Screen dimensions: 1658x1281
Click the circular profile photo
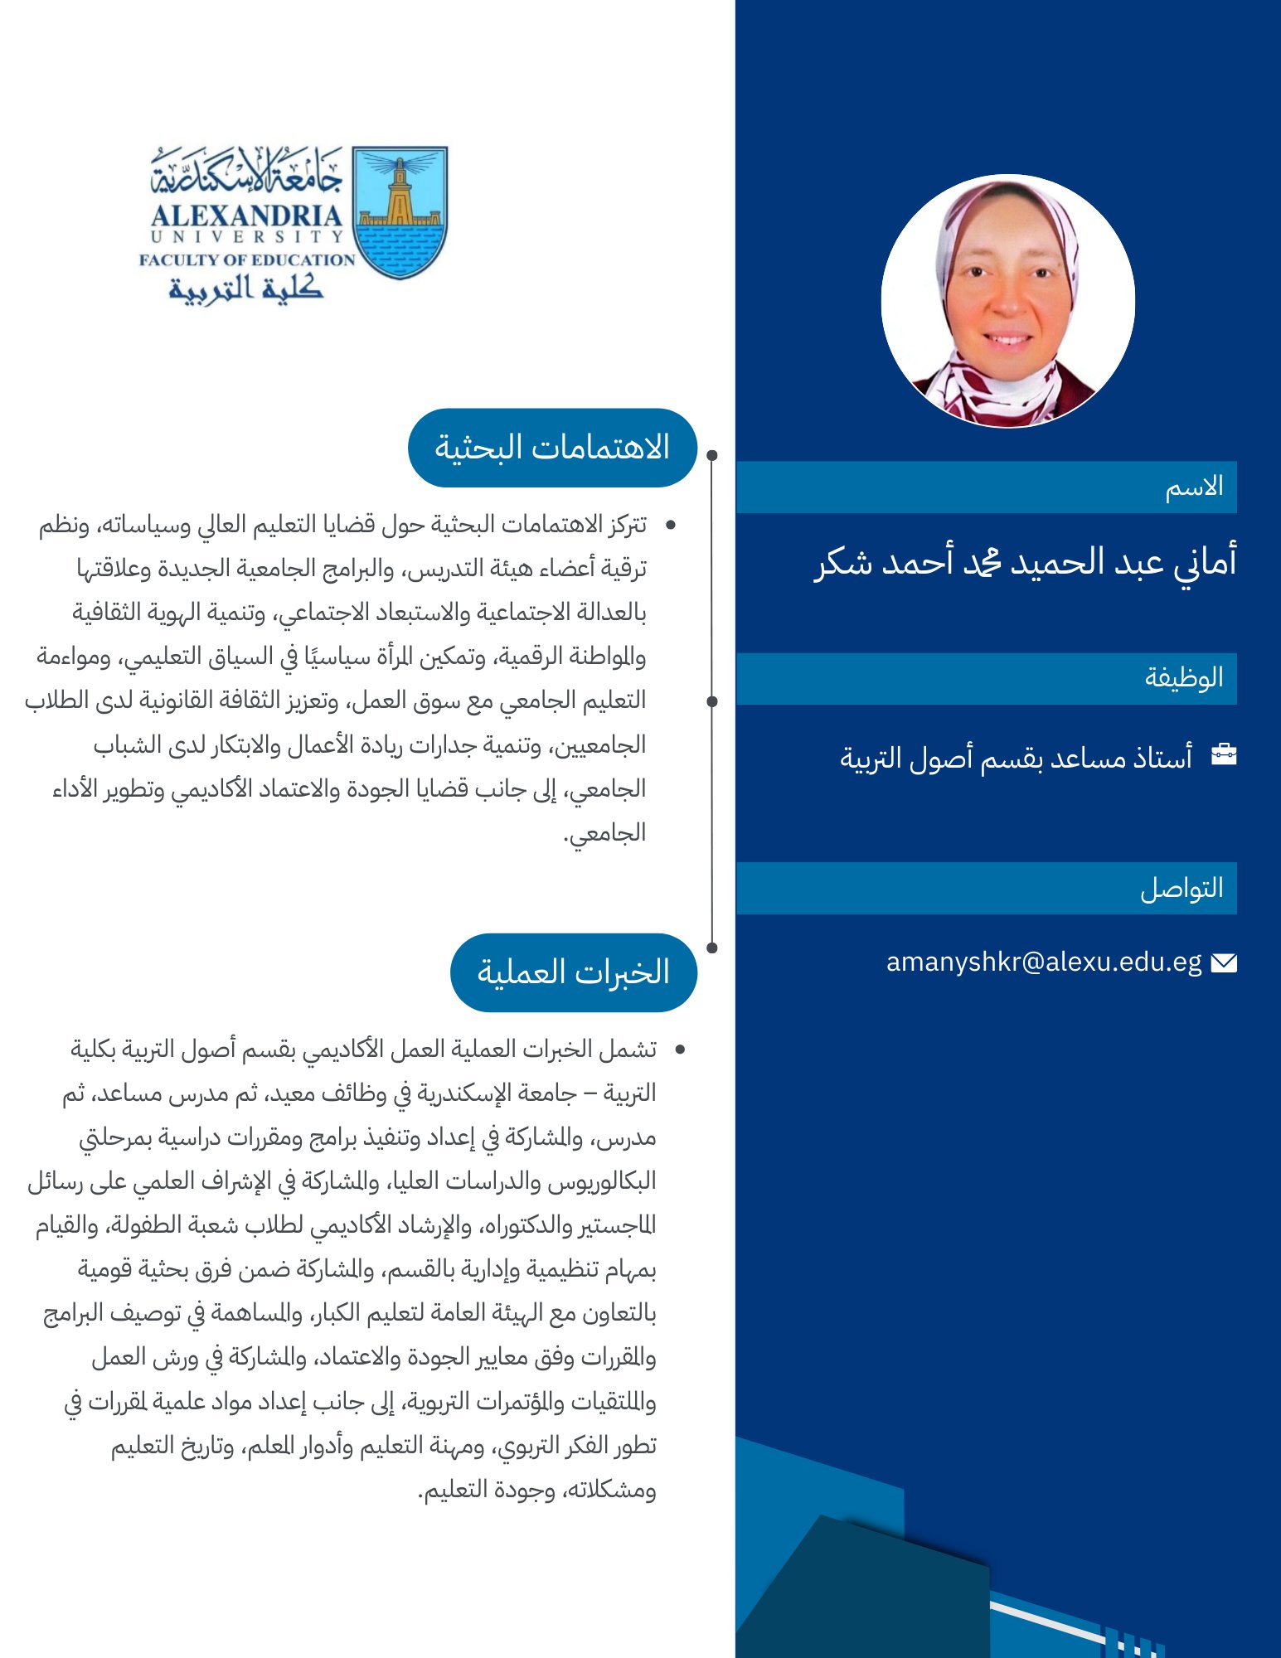1007,301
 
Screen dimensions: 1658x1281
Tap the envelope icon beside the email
1223,962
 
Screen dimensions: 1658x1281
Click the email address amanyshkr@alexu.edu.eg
1043,962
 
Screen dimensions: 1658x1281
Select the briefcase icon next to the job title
1223,754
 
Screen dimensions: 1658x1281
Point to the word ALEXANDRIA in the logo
246,216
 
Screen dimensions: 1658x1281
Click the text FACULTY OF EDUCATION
247,259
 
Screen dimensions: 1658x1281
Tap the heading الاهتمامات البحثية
552,448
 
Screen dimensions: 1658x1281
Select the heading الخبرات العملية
573,972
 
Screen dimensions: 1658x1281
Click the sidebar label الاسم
1194,487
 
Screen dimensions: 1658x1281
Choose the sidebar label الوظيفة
1184,678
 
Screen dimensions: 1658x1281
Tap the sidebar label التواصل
1182,888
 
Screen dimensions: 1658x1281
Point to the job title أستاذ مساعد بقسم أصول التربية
1016,757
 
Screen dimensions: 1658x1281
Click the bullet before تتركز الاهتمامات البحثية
671,525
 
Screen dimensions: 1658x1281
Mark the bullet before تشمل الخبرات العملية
680,1050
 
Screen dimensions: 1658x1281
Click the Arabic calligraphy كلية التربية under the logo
245,288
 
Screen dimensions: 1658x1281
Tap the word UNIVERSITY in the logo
246,237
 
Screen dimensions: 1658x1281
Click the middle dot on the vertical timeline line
712,701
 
